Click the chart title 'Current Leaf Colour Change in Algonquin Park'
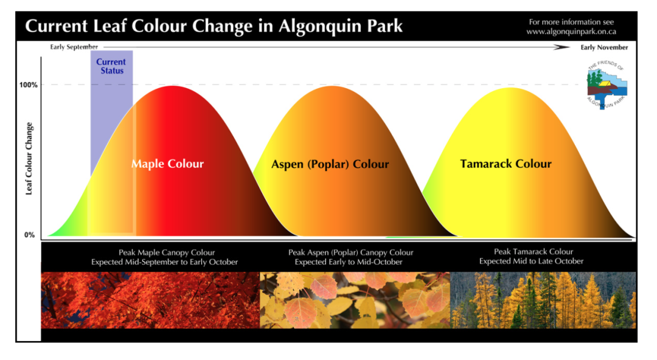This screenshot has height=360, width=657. [x=214, y=26]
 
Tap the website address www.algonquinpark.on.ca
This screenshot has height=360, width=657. [x=571, y=32]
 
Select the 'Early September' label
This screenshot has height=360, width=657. [x=74, y=47]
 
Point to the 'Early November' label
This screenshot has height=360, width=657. [x=604, y=47]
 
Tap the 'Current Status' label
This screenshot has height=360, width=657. [x=111, y=66]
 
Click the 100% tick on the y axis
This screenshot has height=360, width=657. [x=29, y=85]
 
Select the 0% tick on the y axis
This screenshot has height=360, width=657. [x=29, y=235]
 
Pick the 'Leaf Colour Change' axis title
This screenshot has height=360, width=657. [x=29, y=159]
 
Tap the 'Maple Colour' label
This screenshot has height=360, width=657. [x=168, y=164]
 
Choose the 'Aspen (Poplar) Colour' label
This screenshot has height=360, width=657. [x=330, y=164]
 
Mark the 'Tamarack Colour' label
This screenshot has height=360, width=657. [x=506, y=164]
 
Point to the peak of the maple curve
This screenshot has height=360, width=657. [x=172, y=86]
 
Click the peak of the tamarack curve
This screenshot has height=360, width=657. [x=510, y=88]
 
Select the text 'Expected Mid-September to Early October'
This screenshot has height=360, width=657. [x=165, y=262]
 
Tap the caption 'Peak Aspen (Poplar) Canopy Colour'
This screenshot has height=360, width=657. [x=351, y=252]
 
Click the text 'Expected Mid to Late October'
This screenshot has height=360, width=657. [x=531, y=261]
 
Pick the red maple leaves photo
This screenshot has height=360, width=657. [x=150, y=300]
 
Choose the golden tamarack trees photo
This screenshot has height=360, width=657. [x=543, y=300]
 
